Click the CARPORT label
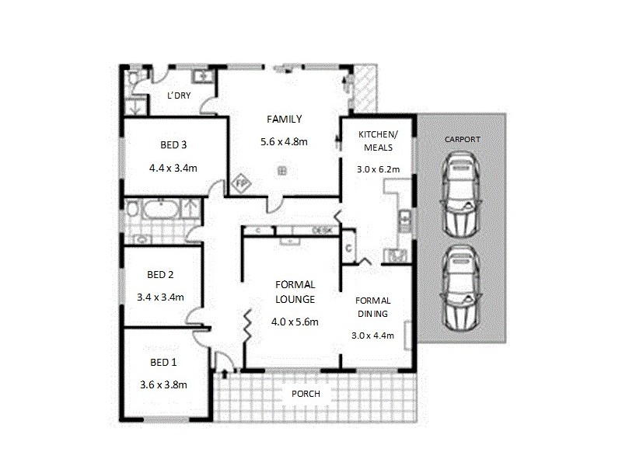click(462, 139)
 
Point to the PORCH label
click(306, 394)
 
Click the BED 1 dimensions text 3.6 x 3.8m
click(163, 383)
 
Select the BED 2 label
click(159, 274)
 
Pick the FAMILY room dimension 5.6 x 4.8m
click(283, 142)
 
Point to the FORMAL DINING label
click(373, 307)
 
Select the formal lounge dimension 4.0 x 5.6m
click(295, 322)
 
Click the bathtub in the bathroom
click(159, 210)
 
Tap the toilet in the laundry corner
click(133, 78)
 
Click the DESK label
click(323, 230)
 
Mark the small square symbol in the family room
click(283, 170)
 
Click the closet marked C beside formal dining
click(349, 247)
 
